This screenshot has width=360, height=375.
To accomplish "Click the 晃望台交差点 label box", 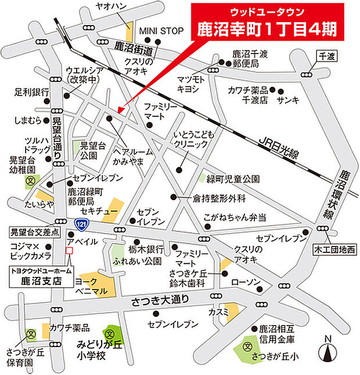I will point(35,232).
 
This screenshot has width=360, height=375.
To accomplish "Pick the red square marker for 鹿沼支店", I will point(70,251).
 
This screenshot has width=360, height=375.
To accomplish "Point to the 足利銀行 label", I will point(31,92).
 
